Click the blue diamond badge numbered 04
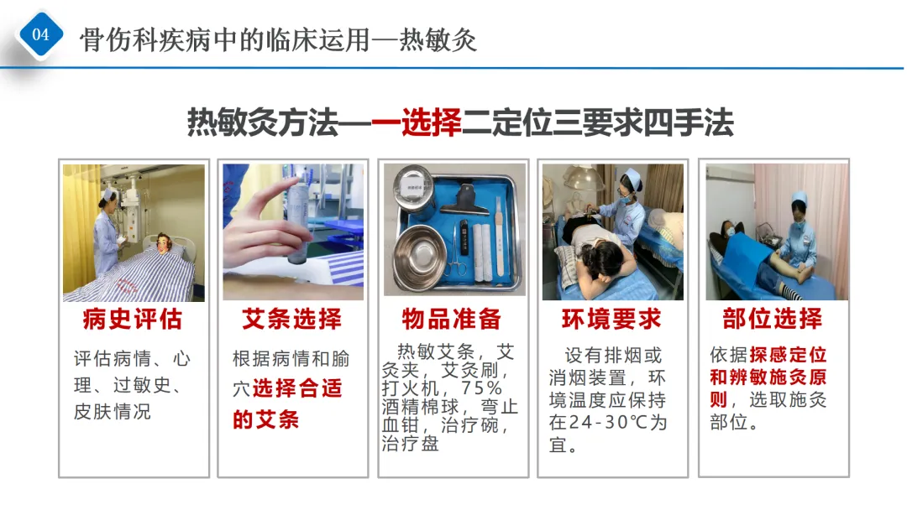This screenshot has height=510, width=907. [x=40, y=34]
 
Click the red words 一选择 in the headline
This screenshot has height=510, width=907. [x=416, y=122]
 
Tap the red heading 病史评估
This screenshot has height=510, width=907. [x=133, y=320]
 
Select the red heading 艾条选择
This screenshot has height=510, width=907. [x=292, y=320]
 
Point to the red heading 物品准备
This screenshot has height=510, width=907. [x=452, y=320]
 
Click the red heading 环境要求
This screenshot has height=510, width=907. [x=611, y=320]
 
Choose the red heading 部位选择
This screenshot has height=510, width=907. [x=773, y=319]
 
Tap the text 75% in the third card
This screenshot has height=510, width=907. [x=481, y=388]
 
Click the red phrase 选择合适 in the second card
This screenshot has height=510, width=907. [x=297, y=388]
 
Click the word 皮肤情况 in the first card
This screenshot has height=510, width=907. [x=113, y=411]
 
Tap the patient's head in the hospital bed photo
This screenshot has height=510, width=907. [x=165, y=243]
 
